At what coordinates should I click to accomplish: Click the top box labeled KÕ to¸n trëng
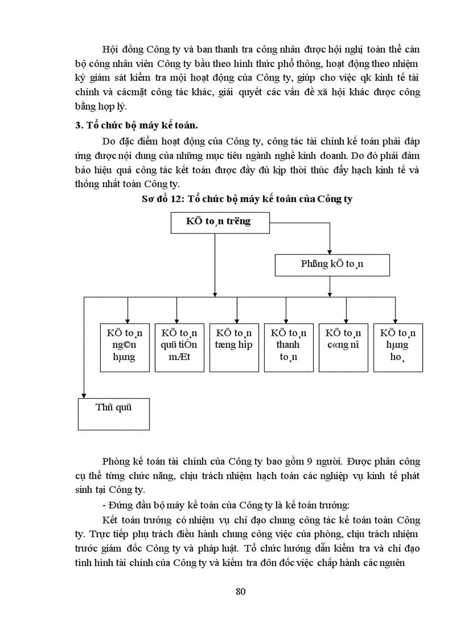218,222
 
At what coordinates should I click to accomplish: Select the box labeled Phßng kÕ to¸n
332,264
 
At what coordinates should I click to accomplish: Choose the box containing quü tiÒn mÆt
178,347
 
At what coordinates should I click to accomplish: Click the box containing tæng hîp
233,347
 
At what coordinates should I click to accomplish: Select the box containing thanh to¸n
288,347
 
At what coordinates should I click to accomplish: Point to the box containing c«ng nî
343,347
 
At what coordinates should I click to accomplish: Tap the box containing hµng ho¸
398,347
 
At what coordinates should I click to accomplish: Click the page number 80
240,591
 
